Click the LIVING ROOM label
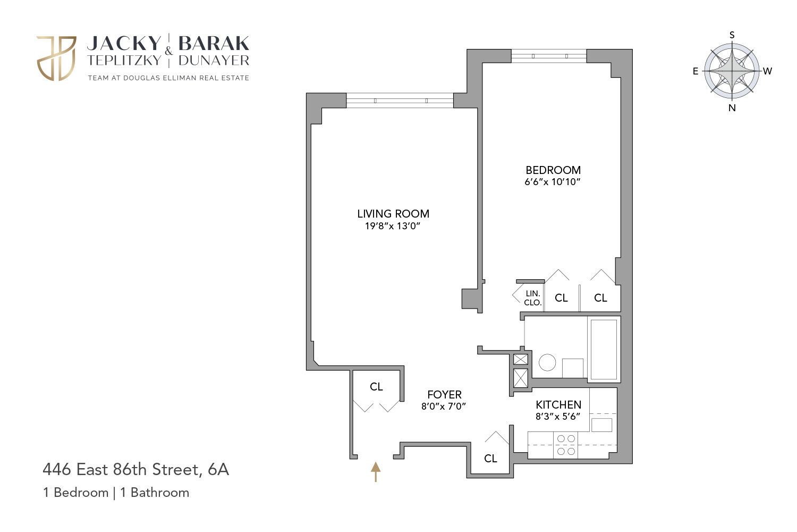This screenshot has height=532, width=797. click(393, 214)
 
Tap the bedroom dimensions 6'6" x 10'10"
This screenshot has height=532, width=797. click(553, 182)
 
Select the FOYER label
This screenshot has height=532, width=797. click(444, 395)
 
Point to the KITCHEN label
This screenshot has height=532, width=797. click(558, 405)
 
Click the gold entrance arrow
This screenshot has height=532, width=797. click(376, 471)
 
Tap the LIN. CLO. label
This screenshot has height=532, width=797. click(532, 298)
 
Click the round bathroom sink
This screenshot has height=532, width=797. click(547, 363)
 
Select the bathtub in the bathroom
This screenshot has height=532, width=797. click(604, 348)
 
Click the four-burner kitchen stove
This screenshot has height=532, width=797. click(566, 445)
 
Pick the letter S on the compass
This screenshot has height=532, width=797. click(732, 35)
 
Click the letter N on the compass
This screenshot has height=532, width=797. click(732, 108)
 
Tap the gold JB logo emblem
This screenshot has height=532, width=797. click(56, 58)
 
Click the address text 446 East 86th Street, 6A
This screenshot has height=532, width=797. click(135, 470)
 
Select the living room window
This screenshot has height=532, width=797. click(400, 101)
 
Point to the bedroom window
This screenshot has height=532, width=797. click(549, 56)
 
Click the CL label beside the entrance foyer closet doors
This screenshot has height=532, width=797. click(376, 387)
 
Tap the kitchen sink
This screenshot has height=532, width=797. click(601, 425)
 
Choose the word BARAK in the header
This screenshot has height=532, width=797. click(214, 43)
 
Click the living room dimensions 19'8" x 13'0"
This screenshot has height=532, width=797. click(393, 226)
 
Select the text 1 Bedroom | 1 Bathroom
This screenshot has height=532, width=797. click(116, 493)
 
